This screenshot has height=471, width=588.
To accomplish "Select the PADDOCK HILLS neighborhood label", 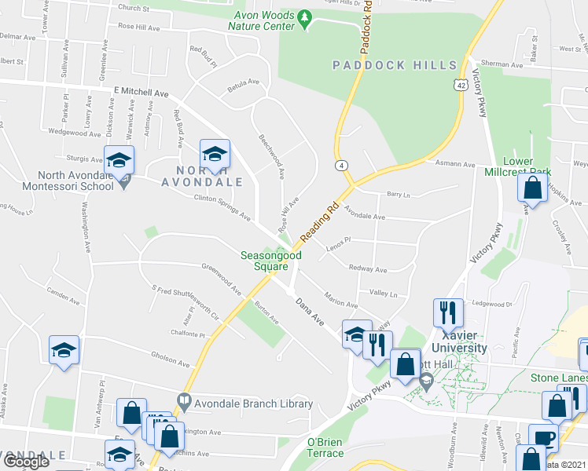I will tap(394, 65).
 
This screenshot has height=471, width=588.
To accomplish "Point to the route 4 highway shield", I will tap(341, 166).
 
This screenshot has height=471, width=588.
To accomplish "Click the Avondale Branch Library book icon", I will tap(183, 400).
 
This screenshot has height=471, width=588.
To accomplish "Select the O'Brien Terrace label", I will tap(325, 447).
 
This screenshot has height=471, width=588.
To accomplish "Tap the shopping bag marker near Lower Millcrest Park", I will tap(533, 188).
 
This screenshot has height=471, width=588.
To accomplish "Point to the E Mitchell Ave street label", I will tap(141, 92).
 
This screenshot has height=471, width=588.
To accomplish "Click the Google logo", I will tap(26, 462).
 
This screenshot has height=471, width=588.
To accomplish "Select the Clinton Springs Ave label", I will tap(222, 206).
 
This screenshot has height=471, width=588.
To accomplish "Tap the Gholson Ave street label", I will tap(171, 360).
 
